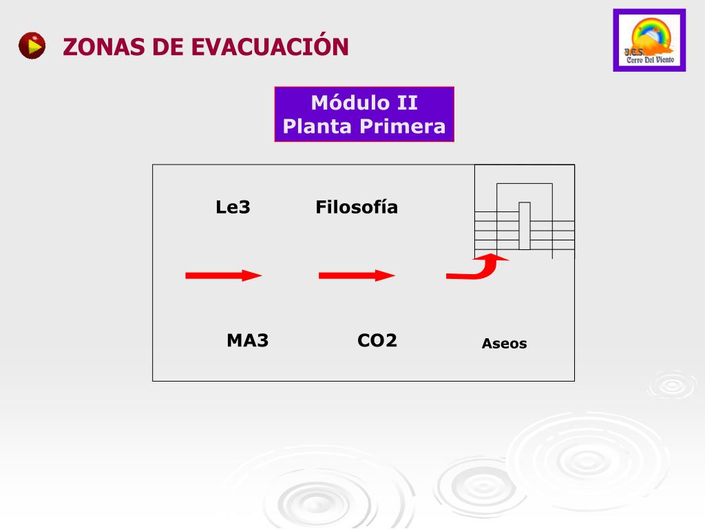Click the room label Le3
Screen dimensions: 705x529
pyautogui.click(x=233, y=207)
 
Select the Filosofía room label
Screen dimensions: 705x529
pyautogui.click(x=357, y=207)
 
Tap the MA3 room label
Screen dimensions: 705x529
pyautogui.click(x=247, y=340)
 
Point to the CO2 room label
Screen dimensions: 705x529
pyautogui.click(x=377, y=340)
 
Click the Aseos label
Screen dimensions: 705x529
pyautogui.click(x=504, y=344)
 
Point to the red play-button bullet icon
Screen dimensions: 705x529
pyautogui.click(x=32, y=46)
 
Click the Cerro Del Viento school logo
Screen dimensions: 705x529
pyautogui.click(x=649, y=40)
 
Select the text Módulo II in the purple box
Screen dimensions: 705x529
pyautogui.click(x=364, y=103)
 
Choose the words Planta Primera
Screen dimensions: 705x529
pyautogui.click(x=364, y=127)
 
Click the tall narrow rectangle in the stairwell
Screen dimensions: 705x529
pyautogui.click(x=525, y=225)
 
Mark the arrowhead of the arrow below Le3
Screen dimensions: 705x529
pyautogui.click(x=252, y=276)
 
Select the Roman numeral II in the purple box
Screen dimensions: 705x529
pyautogui.click(x=406, y=103)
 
